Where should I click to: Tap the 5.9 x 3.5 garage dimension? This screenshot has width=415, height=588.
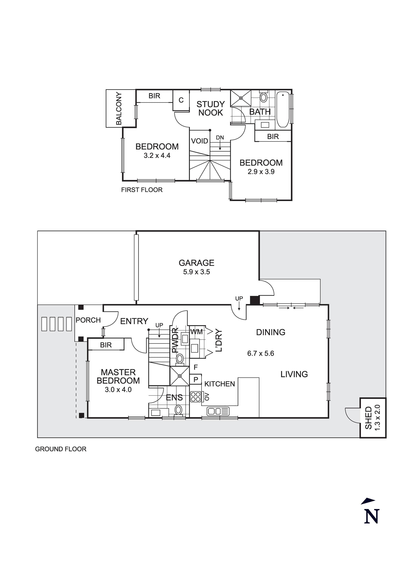pos(196,272)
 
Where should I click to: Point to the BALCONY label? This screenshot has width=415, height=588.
pos(119,109)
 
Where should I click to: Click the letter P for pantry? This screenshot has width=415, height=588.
pos(196,380)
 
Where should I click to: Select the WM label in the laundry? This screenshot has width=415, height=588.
pos(196,332)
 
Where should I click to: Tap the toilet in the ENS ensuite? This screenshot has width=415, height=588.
pos(178,409)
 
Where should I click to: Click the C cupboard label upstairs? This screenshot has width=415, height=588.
pos(181,100)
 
